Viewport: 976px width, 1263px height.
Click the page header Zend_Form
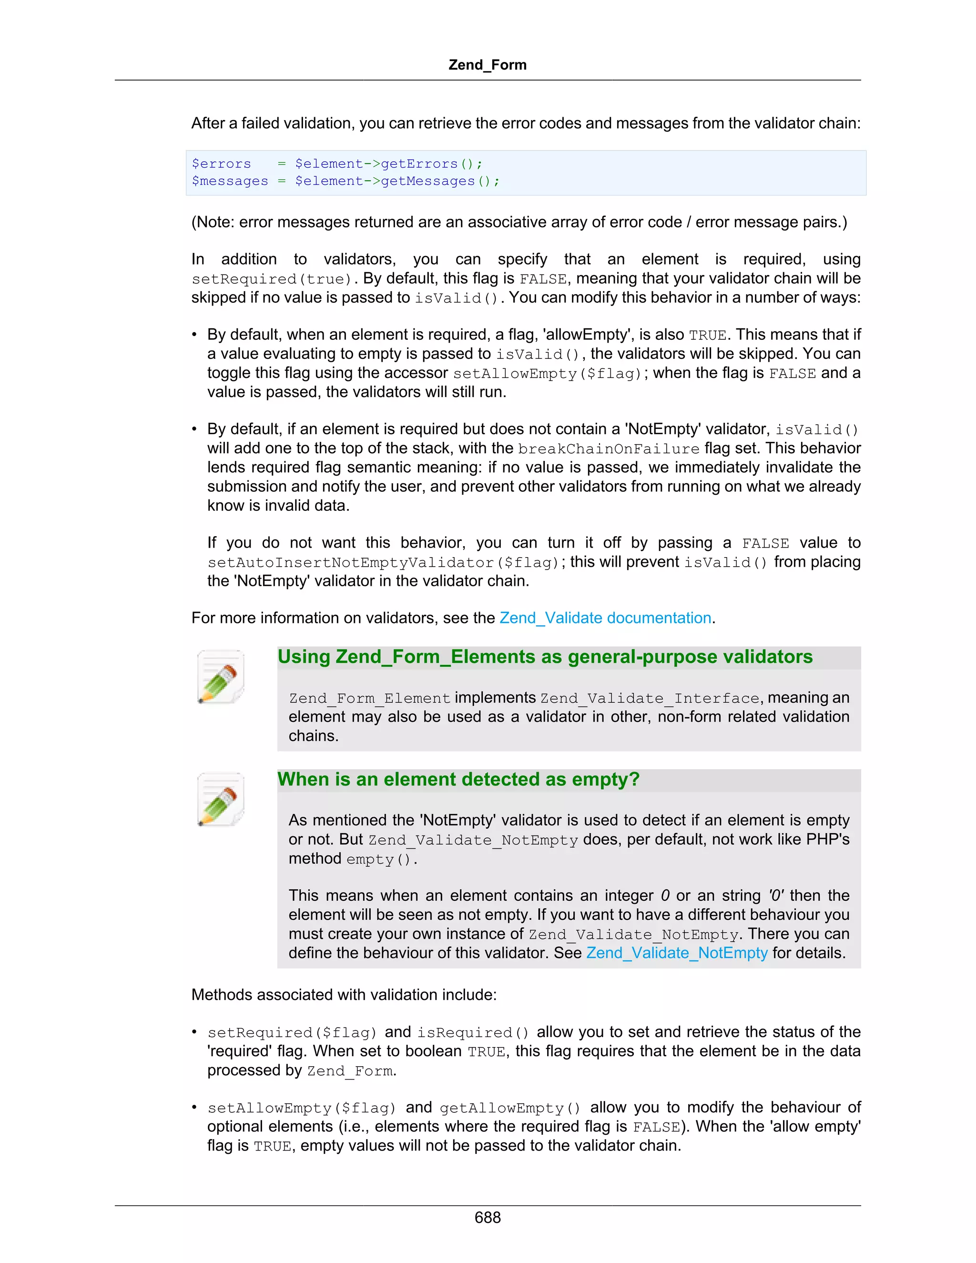pos(487,65)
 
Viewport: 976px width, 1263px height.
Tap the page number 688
pos(487,1217)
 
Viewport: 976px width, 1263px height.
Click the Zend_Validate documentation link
pos(605,618)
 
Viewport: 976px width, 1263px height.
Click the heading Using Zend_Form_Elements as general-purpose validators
pos(545,657)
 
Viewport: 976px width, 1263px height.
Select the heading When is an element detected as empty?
pos(458,780)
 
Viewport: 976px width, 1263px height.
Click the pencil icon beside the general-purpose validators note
pos(220,677)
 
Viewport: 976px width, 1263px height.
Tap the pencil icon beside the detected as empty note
pos(220,799)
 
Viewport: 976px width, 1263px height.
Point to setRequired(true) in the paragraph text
pos(271,279)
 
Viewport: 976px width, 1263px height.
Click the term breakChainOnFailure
pos(608,449)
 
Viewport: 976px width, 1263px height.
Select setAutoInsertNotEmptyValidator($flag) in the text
pos(383,563)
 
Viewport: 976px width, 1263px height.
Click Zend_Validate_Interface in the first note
pos(650,699)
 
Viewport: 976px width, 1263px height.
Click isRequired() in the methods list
pos(473,1033)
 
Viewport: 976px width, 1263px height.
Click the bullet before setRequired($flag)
pos(195,1032)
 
